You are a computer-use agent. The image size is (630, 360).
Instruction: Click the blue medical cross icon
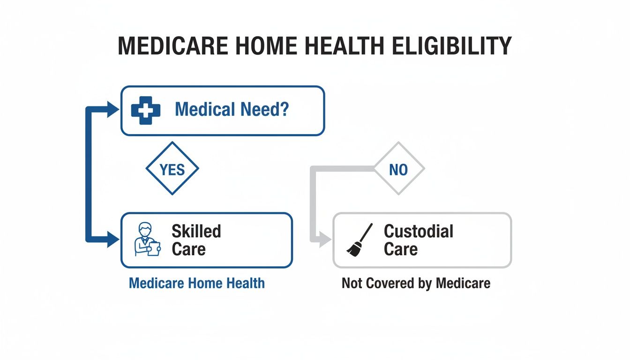click(146, 110)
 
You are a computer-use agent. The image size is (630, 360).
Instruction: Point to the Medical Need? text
click(232, 110)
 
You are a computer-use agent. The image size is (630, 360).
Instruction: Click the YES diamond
click(172, 169)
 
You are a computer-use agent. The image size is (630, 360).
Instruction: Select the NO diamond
click(398, 169)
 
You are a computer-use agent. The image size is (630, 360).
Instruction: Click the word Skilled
click(196, 231)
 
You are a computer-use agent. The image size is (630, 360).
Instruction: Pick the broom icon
click(360, 240)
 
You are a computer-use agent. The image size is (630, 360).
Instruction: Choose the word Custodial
click(419, 231)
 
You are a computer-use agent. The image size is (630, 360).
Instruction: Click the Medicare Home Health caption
click(196, 283)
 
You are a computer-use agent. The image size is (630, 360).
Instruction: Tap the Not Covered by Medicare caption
click(416, 283)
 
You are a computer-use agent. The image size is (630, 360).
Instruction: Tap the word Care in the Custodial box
click(400, 249)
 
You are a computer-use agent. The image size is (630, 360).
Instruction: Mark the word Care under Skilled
click(188, 249)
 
